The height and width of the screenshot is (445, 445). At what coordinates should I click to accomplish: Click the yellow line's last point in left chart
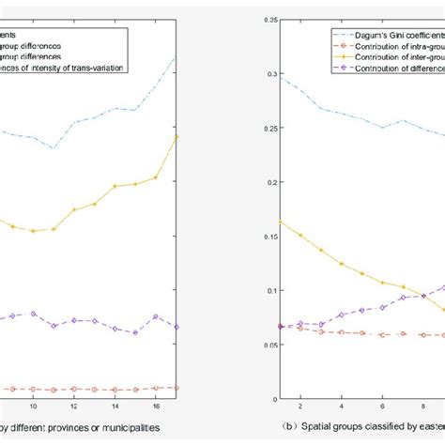coord(176,136)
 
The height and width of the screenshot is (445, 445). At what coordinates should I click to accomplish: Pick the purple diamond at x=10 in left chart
coord(33,314)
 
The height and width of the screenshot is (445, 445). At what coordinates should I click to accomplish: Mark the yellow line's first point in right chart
coord(280,222)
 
